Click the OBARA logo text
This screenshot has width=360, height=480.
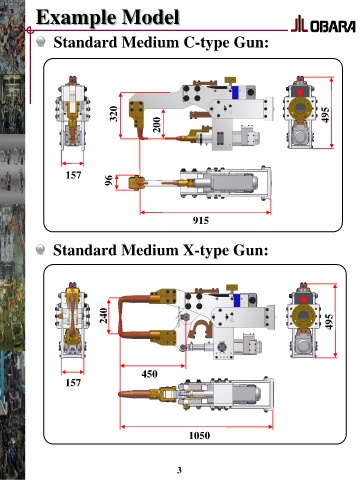(x=333, y=27)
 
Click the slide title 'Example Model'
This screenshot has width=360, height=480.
(x=108, y=17)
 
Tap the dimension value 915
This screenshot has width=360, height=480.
(x=201, y=220)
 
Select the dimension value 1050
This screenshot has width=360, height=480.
(x=199, y=435)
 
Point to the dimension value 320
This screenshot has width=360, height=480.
(x=114, y=114)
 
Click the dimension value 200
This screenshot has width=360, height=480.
(x=157, y=125)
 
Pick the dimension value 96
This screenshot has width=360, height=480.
(x=109, y=180)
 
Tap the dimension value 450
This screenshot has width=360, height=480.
(x=149, y=374)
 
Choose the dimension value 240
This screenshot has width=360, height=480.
(x=104, y=315)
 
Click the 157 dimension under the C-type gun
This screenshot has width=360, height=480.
(x=73, y=175)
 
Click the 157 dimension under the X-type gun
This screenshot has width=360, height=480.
(x=73, y=383)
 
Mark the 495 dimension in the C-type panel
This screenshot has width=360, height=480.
(x=325, y=114)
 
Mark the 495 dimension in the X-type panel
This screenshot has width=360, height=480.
(x=329, y=322)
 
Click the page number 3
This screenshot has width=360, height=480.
(x=179, y=470)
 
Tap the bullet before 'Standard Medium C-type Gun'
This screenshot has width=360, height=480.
(x=41, y=42)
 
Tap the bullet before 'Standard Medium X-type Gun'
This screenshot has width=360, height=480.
(x=40, y=249)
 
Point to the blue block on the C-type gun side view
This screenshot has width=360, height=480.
(x=236, y=92)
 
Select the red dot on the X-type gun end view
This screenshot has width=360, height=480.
(x=303, y=299)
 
